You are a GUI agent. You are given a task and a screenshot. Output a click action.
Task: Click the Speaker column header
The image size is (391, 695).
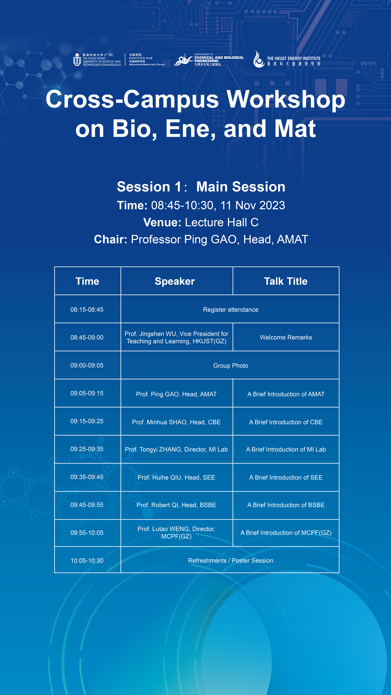[x=175, y=281]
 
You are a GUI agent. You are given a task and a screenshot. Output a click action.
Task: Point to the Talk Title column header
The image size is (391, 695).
[x=286, y=281]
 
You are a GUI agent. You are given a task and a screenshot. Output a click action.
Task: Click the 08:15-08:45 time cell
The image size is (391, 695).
[x=87, y=309]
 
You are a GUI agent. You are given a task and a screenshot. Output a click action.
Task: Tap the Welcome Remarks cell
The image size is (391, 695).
[x=286, y=337]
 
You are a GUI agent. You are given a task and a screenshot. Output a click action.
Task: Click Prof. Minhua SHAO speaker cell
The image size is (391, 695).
[x=176, y=422]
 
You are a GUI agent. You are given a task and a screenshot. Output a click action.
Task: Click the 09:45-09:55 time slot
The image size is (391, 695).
[x=87, y=505]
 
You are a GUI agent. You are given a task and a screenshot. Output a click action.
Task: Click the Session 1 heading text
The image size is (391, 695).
[x=149, y=187]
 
